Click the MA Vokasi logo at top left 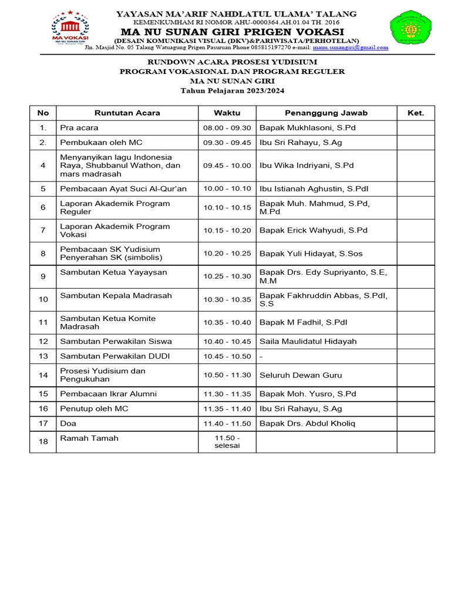[x=70, y=27]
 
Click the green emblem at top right [x=410, y=27]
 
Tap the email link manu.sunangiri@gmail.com [x=350, y=48]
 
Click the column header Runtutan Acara [x=127, y=113]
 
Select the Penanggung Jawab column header [x=326, y=113]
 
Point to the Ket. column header [x=415, y=113]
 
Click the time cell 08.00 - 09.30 [x=227, y=128]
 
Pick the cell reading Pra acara [x=79, y=128]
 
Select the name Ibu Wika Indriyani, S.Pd [x=307, y=166]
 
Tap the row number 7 [x=43, y=231]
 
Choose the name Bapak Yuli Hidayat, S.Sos [x=311, y=254]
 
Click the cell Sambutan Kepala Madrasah [x=116, y=296]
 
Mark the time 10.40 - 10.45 [x=227, y=342]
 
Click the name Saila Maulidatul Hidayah [x=308, y=342]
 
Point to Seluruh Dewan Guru [x=301, y=375]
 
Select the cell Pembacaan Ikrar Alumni [x=109, y=394]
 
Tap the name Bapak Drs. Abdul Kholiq [x=307, y=424]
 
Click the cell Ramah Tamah [x=89, y=438]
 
